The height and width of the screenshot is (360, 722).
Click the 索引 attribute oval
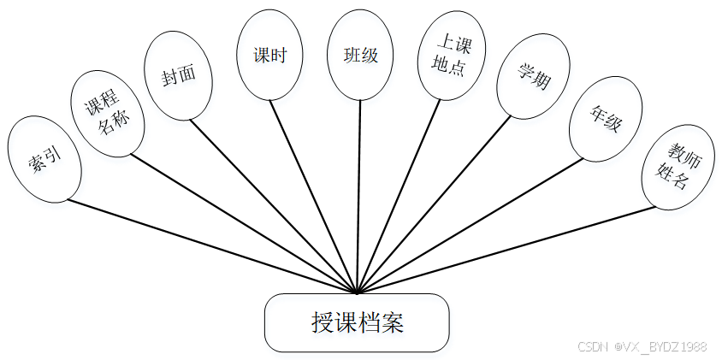[44, 160]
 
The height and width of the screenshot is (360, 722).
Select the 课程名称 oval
[107, 114]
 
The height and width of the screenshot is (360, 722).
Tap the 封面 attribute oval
[178, 75]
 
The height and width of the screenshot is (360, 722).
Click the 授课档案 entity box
[357, 322]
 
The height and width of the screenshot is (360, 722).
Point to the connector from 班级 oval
[359, 197]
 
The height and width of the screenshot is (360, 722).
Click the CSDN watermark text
[642, 346]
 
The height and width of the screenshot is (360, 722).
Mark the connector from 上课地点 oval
[399, 197]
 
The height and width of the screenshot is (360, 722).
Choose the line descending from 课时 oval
[313, 197]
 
